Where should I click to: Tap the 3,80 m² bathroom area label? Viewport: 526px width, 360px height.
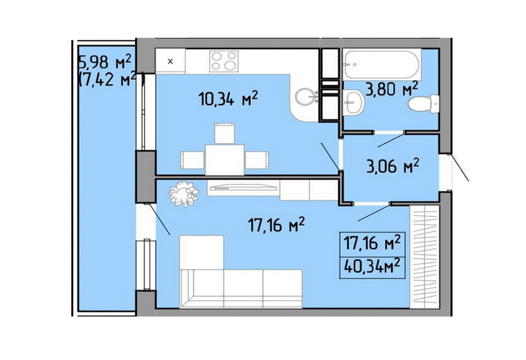tap(392, 89)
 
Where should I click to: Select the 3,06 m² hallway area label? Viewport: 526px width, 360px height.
tap(393, 166)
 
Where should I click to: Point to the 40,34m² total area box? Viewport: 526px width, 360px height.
tap(373, 268)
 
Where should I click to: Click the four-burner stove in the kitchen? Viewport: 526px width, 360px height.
tap(224, 61)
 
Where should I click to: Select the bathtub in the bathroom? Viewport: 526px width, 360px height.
tap(382, 64)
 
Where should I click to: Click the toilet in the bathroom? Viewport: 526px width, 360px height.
tap(424, 104)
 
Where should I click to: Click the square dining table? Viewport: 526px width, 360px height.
tap(225, 160)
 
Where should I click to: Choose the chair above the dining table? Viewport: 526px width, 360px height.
tap(224, 133)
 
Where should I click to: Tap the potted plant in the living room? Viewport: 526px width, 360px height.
tap(183, 194)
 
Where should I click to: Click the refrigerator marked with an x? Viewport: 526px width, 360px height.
tap(171, 61)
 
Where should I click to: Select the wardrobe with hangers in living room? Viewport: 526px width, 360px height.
tap(424, 256)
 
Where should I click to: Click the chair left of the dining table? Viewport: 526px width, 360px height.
tap(192, 160)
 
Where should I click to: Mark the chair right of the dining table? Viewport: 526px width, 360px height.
tap(257, 160)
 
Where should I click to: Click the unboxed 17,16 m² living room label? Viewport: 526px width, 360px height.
tap(276, 224)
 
